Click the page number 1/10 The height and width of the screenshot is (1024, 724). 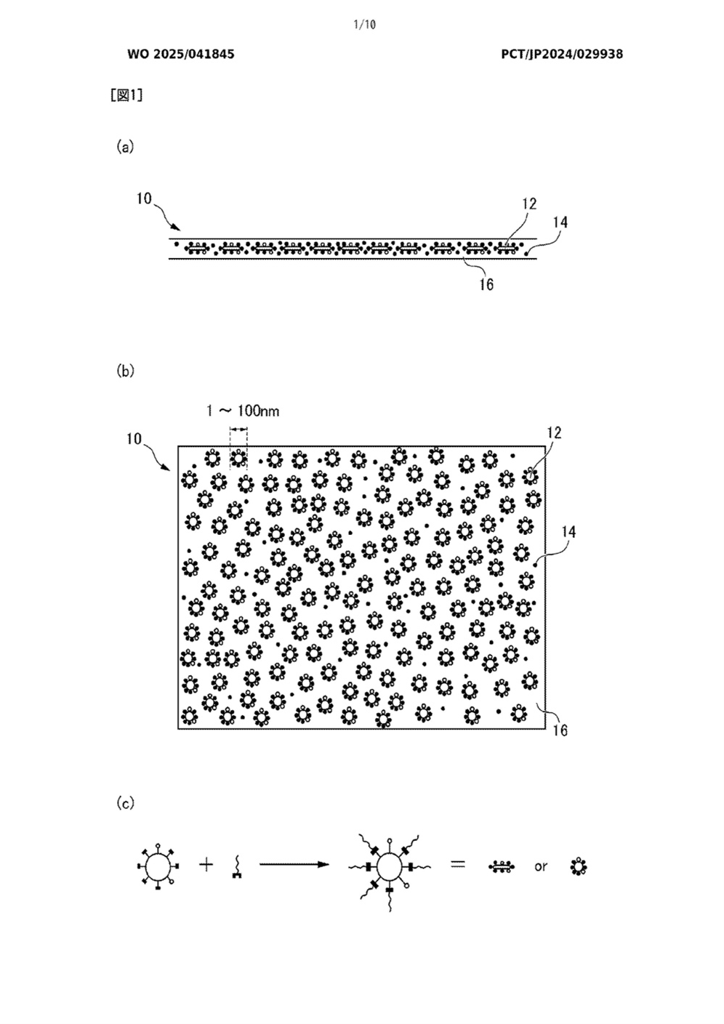click(x=364, y=25)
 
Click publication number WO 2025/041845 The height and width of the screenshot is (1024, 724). click(x=181, y=55)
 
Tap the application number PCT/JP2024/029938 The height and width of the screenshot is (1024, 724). click(x=562, y=55)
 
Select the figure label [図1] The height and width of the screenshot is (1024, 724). click(x=126, y=95)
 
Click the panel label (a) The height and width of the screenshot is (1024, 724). click(x=125, y=148)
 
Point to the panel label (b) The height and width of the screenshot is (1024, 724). click(x=125, y=371)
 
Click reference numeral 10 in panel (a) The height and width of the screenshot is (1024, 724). click(x=144, y=199)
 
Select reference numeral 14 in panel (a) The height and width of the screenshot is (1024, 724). click(x=560, y=222)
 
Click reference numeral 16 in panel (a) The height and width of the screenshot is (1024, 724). click(x=486, y=285)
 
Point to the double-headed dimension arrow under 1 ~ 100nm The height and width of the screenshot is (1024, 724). click(x=238, y=429)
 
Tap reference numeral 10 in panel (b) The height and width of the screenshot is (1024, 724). click(x=134, y=439)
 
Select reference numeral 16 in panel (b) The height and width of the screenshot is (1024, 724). click(x=560, y=730)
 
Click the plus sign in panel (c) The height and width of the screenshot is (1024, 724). click(x=206, y=864)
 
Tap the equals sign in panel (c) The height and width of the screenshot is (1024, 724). click(x=458, y=864)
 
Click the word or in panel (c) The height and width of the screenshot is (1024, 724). click(x=541, y=866)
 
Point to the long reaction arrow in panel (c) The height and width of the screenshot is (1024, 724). click(x=294, y=864)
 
